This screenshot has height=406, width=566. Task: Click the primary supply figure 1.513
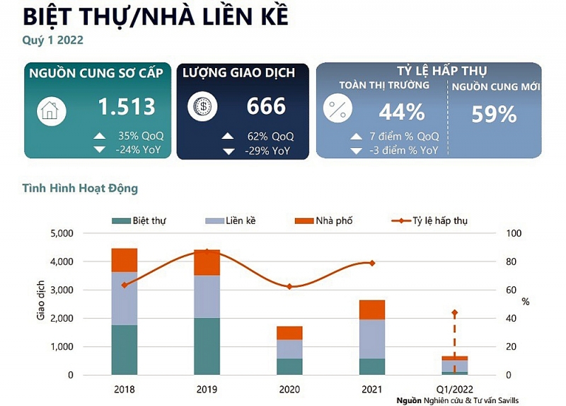[x=126, y=106]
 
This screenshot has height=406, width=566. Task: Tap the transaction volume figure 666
[x=266, y=106]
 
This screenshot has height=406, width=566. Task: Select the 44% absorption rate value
[x=401, y=112]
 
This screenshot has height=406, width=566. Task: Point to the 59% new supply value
[x=494, y=114]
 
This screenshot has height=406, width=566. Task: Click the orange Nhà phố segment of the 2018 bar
[x=125, y=260]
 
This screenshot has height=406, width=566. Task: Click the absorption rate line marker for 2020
[x=289, y=286]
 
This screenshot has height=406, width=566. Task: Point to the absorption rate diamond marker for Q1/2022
[x=455, y=312]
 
